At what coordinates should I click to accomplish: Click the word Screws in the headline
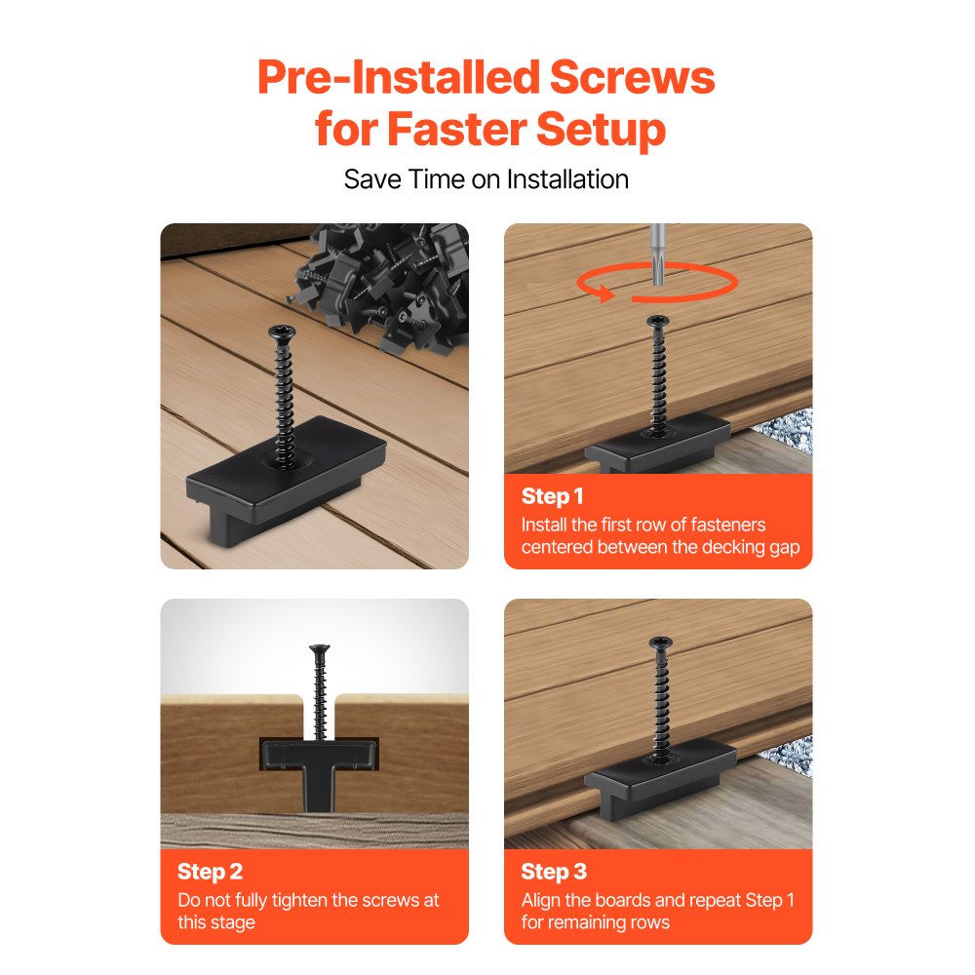(632, 77)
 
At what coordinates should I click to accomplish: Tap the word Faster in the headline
(457, 129)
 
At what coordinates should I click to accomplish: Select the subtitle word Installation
(567, 179)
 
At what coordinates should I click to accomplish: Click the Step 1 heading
(552, 496)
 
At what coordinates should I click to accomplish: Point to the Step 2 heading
(210, 872)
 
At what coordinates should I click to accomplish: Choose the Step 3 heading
(554, 872)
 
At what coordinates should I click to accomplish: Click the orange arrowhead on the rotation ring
(604, 293)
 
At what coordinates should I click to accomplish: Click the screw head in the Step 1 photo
(658, 321)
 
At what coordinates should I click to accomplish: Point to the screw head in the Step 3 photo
(660, 643)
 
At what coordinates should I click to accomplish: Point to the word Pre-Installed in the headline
(399, 77)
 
